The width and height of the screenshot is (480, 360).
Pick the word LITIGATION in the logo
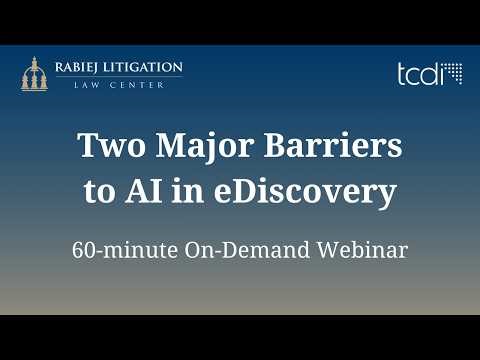(146, 68)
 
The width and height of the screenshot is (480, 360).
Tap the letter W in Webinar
(318, 249)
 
